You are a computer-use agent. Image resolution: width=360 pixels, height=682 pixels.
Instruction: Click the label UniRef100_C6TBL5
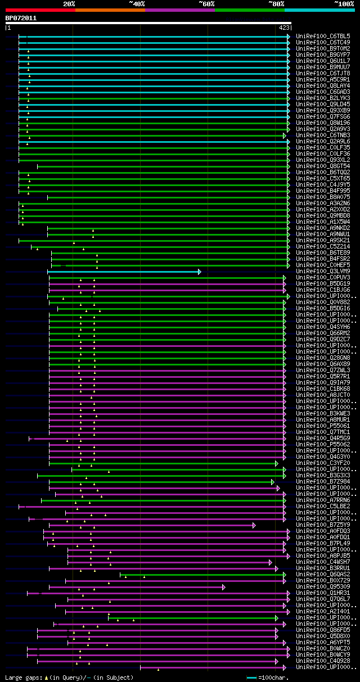click(322, 36)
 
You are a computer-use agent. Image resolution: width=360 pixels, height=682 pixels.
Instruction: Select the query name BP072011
click(21, 18)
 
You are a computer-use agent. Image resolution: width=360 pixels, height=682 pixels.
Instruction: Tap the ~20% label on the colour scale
click(69, 3)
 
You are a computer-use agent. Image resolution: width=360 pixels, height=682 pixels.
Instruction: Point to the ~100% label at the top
click(344, 3)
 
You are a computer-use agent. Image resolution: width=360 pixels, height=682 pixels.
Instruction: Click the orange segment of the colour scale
click(110, 10)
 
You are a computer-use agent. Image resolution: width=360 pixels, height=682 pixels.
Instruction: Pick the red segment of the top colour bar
click(40, 10)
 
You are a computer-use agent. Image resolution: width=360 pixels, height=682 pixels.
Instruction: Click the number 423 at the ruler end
click(283, 27)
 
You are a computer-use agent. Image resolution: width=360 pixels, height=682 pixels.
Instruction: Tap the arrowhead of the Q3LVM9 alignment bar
click(199, 272)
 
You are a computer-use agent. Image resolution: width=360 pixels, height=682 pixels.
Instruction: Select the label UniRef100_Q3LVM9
click(322, 271)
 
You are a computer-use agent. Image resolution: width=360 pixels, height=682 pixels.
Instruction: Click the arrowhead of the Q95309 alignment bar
click(224, 587)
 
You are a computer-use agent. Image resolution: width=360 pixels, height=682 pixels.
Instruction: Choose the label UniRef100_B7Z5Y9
click(322, 525)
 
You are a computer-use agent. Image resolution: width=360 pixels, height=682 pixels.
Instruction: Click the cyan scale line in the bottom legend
click(251, 678)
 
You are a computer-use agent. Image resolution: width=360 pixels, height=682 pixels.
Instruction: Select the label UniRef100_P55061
click(322, 426)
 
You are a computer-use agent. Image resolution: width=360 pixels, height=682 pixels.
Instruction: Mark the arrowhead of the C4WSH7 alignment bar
click(271, 562)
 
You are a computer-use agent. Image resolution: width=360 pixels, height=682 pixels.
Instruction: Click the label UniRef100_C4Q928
click(322, 661)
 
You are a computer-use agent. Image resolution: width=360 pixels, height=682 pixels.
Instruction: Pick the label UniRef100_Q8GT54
click(322, 166)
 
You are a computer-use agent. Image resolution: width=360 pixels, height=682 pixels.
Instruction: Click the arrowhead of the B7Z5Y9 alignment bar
click(254, 525)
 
